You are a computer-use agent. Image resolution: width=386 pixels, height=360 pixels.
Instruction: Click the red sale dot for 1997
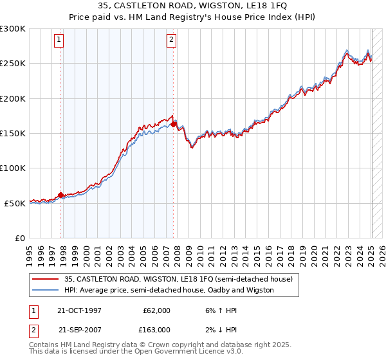(x=61, y=195)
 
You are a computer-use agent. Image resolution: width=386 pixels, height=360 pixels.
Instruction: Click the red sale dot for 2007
(x=174, y=124)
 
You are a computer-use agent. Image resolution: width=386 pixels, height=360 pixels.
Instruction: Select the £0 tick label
(x=19, y=238)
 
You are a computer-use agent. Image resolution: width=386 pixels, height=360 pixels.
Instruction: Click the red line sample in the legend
(x=45, y=279)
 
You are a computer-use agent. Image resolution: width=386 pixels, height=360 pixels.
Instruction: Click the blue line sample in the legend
(x=45, y=290)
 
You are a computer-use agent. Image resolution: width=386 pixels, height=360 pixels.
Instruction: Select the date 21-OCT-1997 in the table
(x=80, y=310)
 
